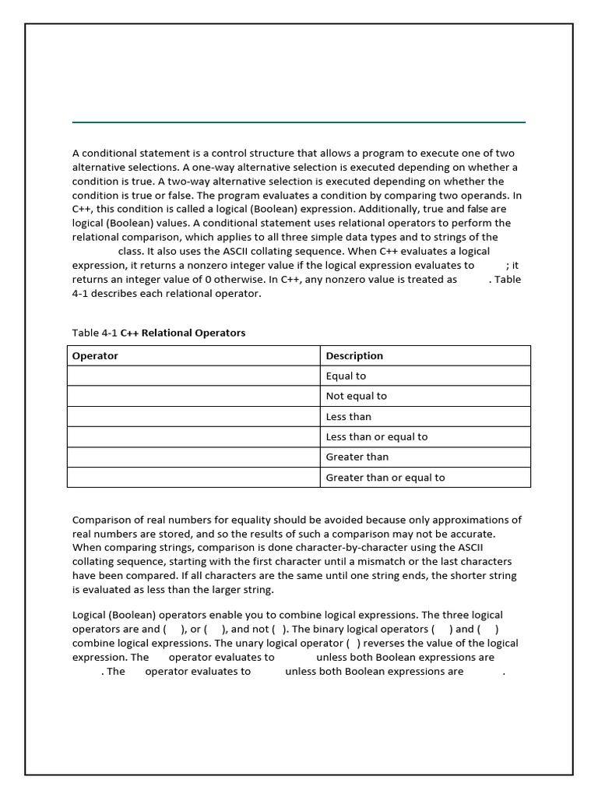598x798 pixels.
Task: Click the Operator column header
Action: pos(95,356)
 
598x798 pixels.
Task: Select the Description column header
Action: pos(354,356)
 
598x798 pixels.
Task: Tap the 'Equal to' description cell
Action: pos(346,376)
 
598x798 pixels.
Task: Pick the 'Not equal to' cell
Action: pos(356,397)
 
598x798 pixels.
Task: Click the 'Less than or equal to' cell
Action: pos(376,437)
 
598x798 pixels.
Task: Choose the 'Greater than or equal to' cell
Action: pos(385,478)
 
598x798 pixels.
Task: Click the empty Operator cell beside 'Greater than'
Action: pos(193,457)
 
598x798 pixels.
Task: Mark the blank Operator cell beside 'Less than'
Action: pos(193,417)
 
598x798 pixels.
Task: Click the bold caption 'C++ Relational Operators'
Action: pos(183,334)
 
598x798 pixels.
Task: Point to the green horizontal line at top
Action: pos(299,122)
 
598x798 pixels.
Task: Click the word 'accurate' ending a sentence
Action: pos(470,535)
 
